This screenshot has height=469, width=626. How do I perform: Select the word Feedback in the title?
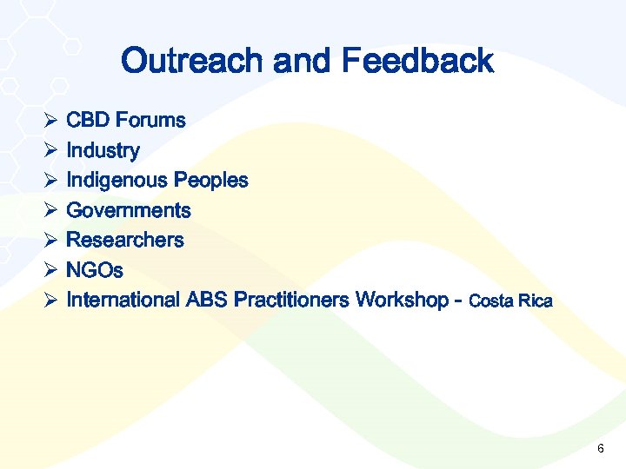coord(417,62)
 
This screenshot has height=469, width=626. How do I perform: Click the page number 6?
coord(601,448)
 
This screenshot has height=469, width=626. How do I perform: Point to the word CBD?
coord(88,121)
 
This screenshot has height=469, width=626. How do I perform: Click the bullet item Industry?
coord(103,151)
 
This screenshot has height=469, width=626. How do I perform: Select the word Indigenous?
coord(117,181)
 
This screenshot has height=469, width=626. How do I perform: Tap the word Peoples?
coord(211,181)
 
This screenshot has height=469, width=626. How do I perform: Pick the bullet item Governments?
coord(129,210)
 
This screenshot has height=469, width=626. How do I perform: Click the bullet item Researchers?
coord(125,240)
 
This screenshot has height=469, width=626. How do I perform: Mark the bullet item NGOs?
coord(95,270)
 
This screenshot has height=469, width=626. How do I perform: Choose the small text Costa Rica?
coord(510,302)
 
